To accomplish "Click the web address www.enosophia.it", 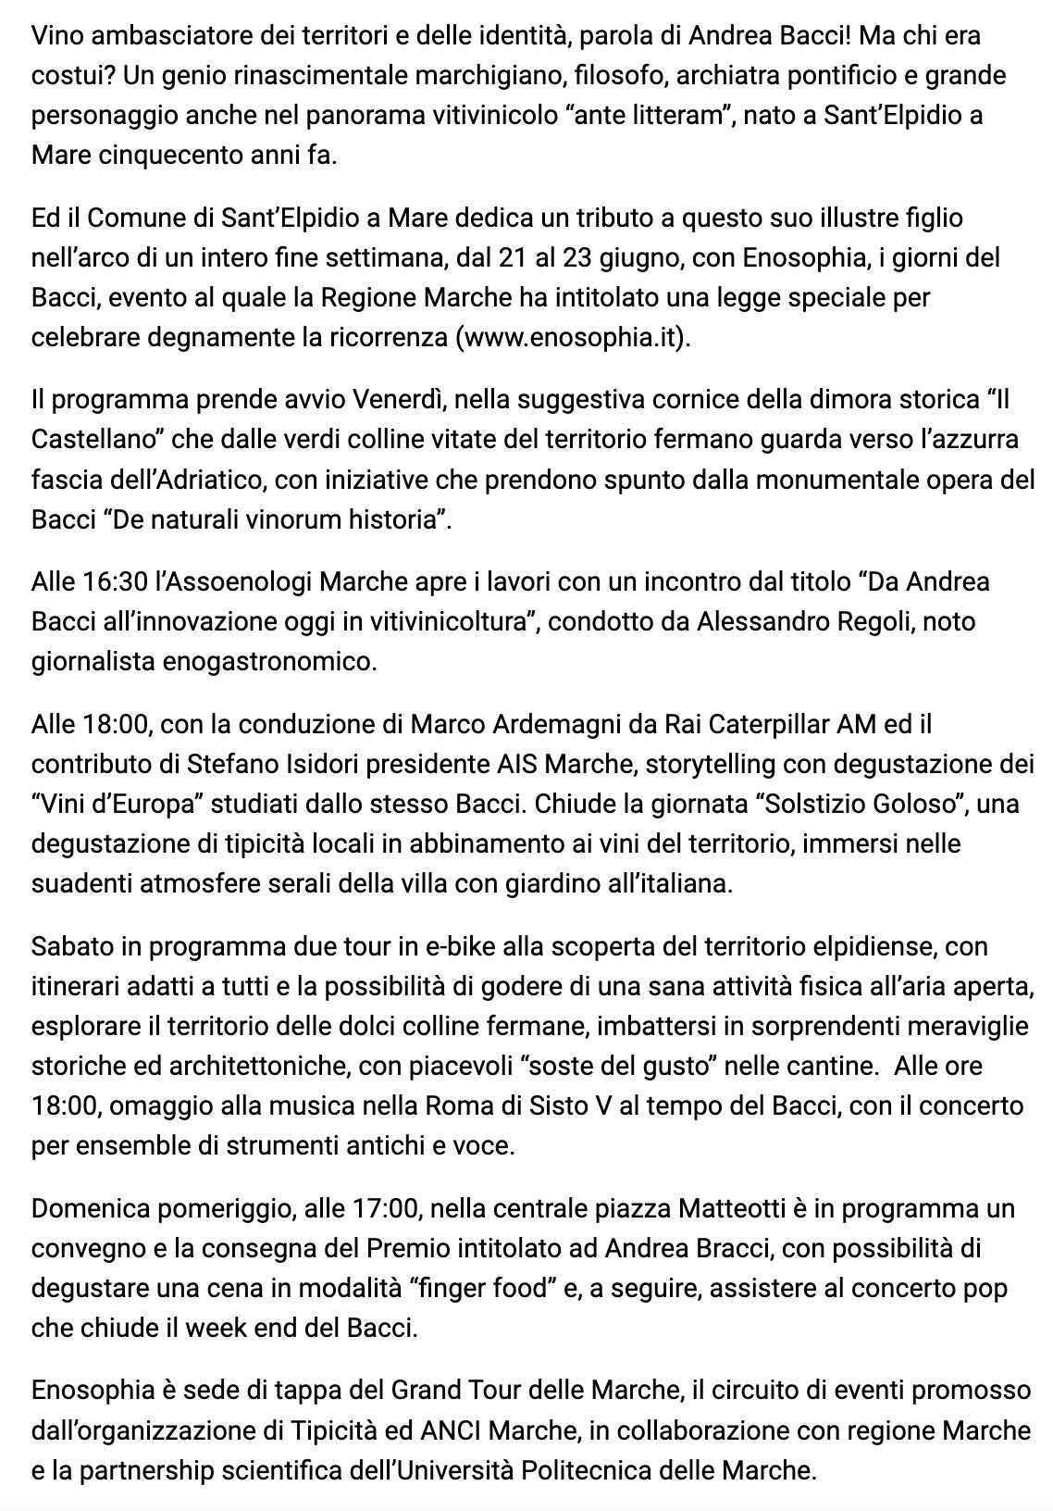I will point(573,337).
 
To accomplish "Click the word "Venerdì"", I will point(396,400).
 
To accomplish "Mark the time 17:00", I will point(382,1208).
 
